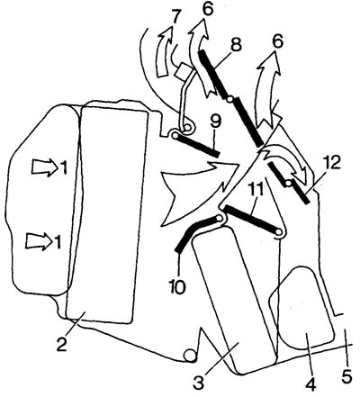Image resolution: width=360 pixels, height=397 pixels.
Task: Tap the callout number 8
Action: click(235, 46)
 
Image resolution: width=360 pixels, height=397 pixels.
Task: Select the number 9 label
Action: click(215, 122)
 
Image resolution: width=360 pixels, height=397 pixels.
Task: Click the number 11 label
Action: click(256, 189)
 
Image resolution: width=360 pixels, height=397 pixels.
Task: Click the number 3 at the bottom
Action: click(199, 381)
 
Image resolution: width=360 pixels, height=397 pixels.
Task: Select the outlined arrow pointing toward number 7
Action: click(165, 52)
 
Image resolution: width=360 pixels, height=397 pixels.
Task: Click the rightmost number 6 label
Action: click(277, 41)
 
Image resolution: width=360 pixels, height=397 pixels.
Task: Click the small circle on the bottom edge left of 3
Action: click(191, 356)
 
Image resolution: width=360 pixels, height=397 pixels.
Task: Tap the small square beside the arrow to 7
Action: click(181, 73)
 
